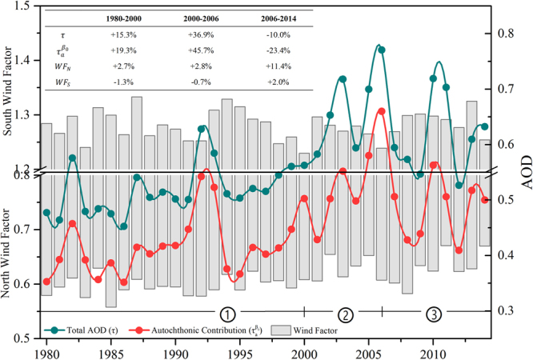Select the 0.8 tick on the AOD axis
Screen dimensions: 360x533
[x=504, y=34]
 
